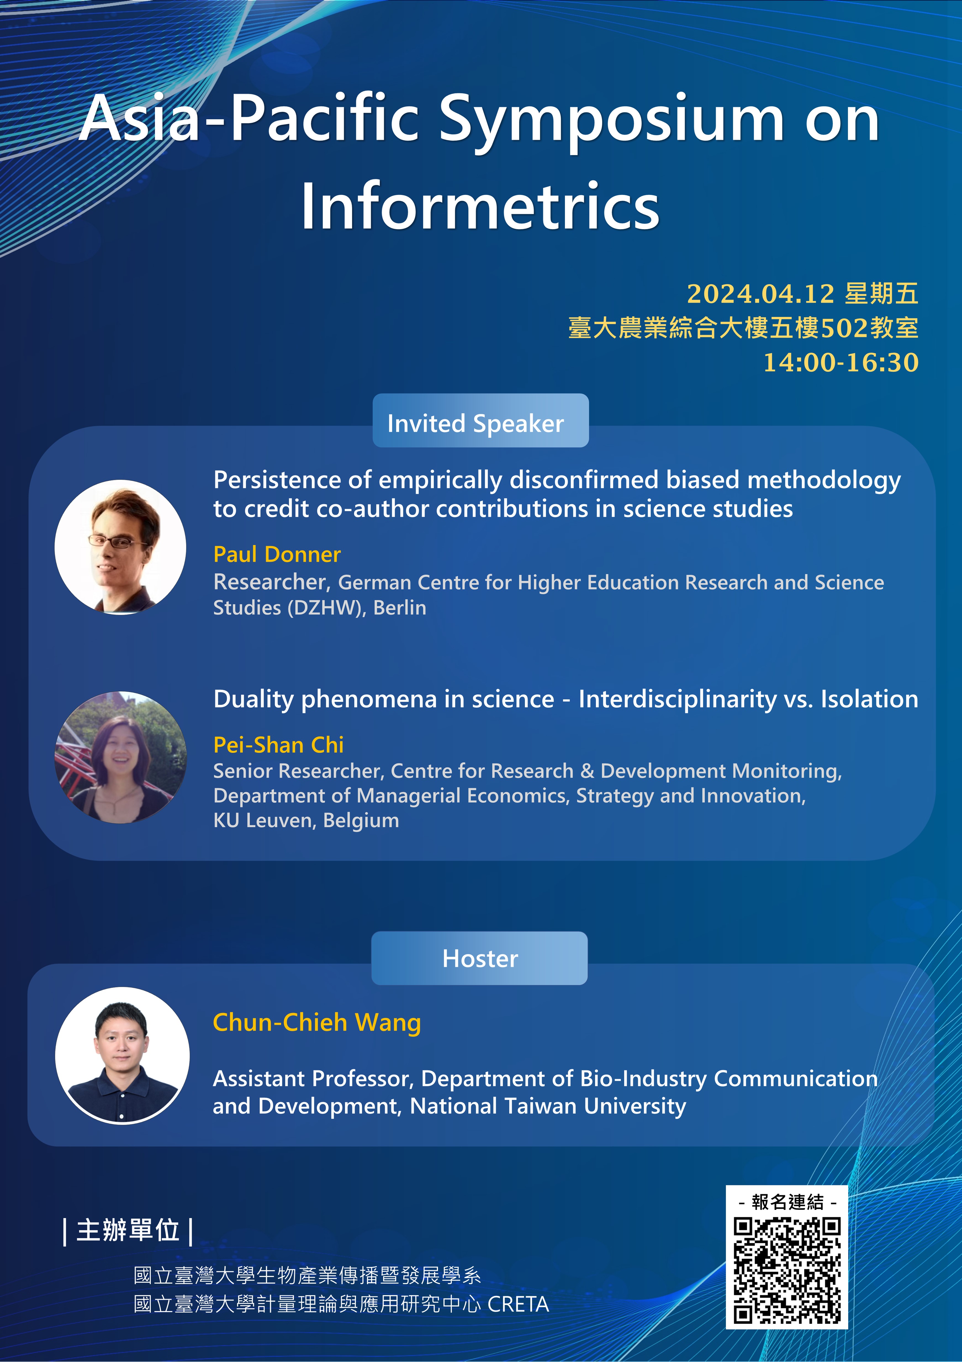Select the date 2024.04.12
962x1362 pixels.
[760, 294]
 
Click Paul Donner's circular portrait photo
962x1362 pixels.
[120, 547]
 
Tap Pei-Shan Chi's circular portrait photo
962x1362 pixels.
[120, 758]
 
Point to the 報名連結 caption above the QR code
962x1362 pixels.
[787, 1202]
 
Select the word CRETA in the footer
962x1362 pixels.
[518, 1305]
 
